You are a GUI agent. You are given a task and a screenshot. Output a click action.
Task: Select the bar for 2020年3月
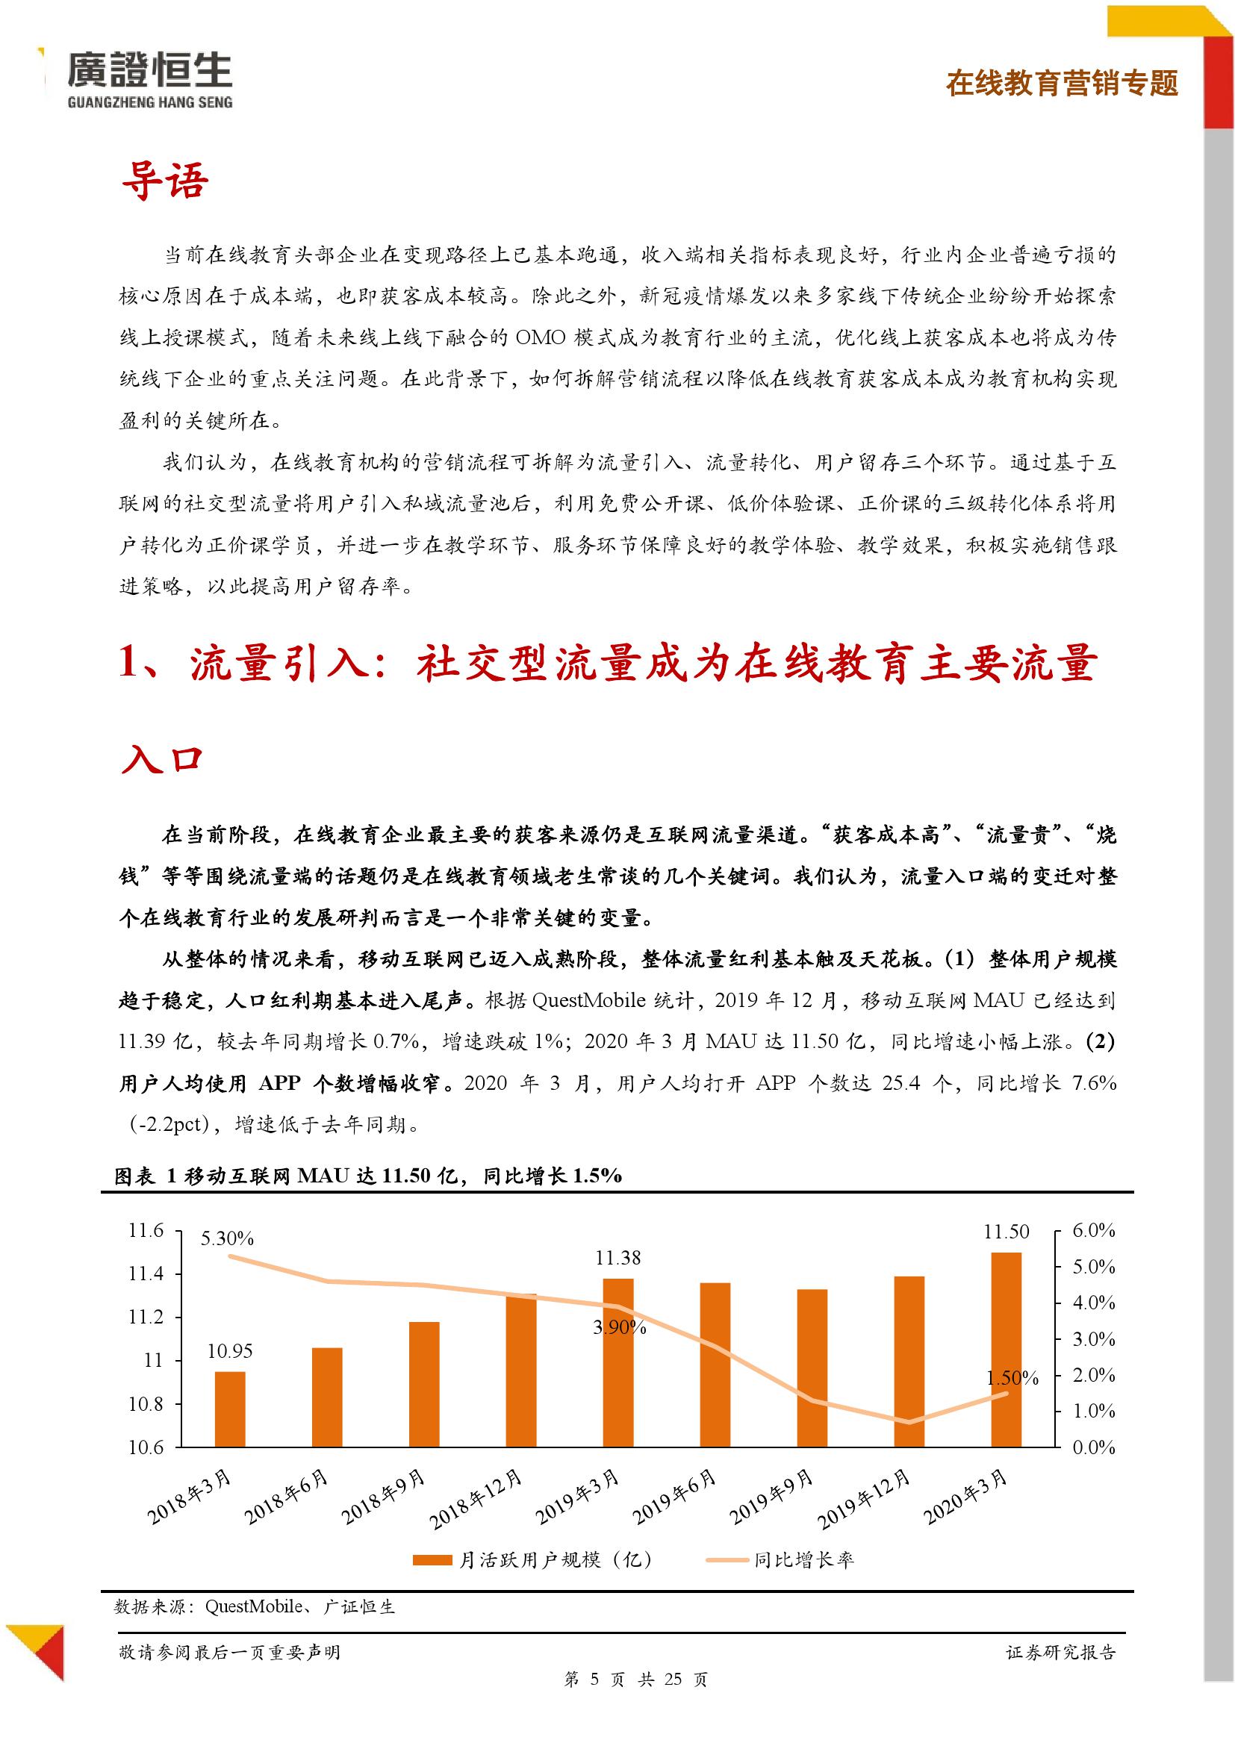tap(1006, 1349)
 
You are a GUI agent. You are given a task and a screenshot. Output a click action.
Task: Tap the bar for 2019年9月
tap(812, 1368)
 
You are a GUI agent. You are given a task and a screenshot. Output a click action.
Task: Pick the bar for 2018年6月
tap(327, 1397)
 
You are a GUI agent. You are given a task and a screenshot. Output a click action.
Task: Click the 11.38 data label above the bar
tap(617, 1258)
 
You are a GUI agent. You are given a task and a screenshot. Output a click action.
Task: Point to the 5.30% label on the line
tap(227, 1239)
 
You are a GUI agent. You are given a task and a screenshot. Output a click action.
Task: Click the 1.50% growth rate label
tap(1012, 1378)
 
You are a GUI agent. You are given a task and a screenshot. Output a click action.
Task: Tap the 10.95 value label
tap(230, 1351)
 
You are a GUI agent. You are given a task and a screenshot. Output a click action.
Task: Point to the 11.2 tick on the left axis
tap(146, 1317)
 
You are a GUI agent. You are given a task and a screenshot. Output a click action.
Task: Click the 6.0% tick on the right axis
tap(1094, 1230)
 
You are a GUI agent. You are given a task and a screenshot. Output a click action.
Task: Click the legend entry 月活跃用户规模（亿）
tap(532, 1559)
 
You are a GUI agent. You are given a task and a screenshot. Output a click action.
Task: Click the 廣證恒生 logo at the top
tap(149, 79)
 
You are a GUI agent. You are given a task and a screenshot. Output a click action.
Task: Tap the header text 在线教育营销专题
tap(1062, 83)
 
